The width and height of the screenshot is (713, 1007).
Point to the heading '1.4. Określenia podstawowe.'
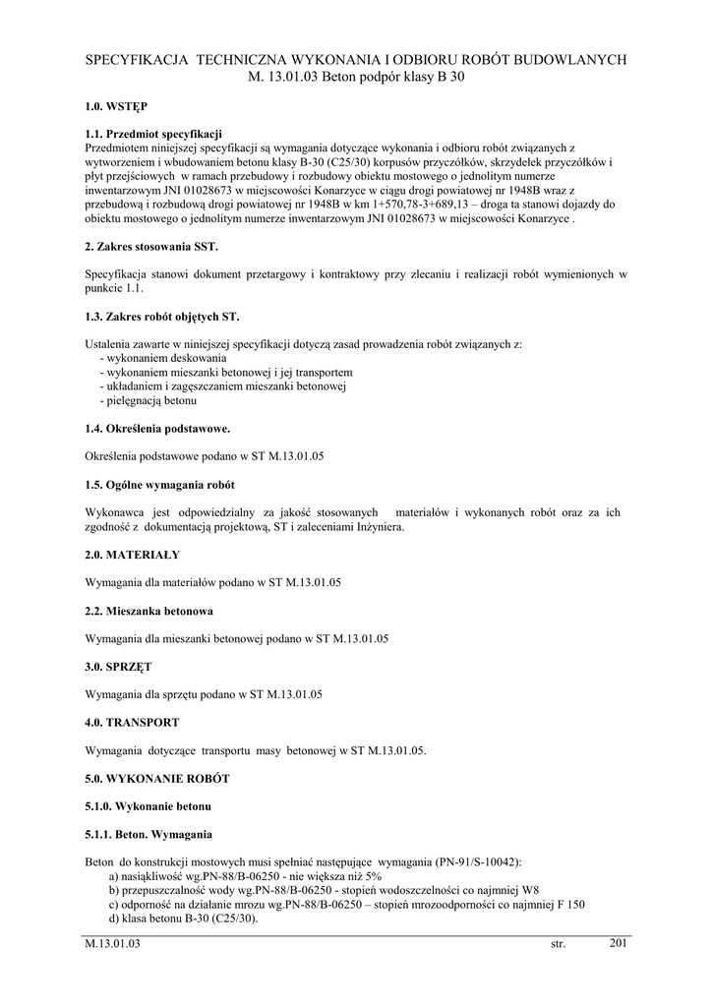157,429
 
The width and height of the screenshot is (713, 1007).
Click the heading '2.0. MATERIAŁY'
133,555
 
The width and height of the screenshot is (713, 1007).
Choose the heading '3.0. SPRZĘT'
119,667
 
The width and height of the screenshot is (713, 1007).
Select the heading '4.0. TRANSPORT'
133,723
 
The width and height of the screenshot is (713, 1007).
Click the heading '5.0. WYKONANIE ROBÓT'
157,779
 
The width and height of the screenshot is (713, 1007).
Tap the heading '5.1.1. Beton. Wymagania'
149,835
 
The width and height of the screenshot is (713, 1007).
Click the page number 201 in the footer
618,943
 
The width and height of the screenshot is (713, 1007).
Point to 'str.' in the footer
559,945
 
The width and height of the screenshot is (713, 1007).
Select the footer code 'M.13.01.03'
114,945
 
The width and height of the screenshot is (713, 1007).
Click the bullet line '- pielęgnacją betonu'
149,401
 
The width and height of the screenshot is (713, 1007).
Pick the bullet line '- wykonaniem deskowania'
163,359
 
